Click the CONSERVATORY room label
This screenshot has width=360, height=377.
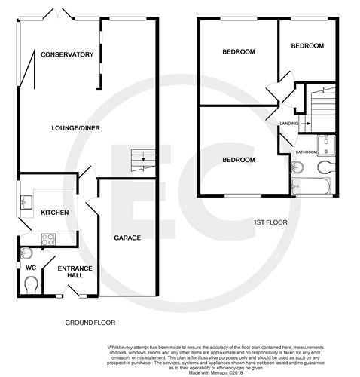pyautogui.click(x=67, y=54)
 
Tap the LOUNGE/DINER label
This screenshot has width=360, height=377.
pyautogui.click(x=72, y=127)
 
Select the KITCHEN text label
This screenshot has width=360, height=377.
pyautogui.click(x=55, y=213)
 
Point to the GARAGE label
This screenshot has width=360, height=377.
pyautogui.click(x=127, y=238)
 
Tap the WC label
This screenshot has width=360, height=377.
pyautogui.click(x=31, y=267)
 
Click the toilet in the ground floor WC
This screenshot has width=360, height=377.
pyautogui.click(x=31, y=284)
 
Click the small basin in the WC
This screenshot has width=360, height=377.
pyautogui.click(x=28, y=253)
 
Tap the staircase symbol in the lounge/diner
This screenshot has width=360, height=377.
pyautogui.click(x=140, y=158)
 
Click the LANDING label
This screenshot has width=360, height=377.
pyautogui.click(x=288, y=124)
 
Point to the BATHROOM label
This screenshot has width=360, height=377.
pyautogui.click(x=306, y=152)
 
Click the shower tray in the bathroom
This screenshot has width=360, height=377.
pyautogui.click(x=328, y=143)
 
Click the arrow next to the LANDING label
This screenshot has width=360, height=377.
pyautogui.click(x=306, y=124)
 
